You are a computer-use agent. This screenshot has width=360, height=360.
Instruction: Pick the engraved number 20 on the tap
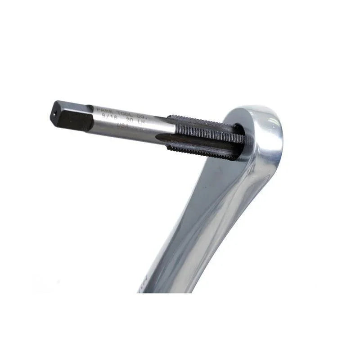(129, 120)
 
